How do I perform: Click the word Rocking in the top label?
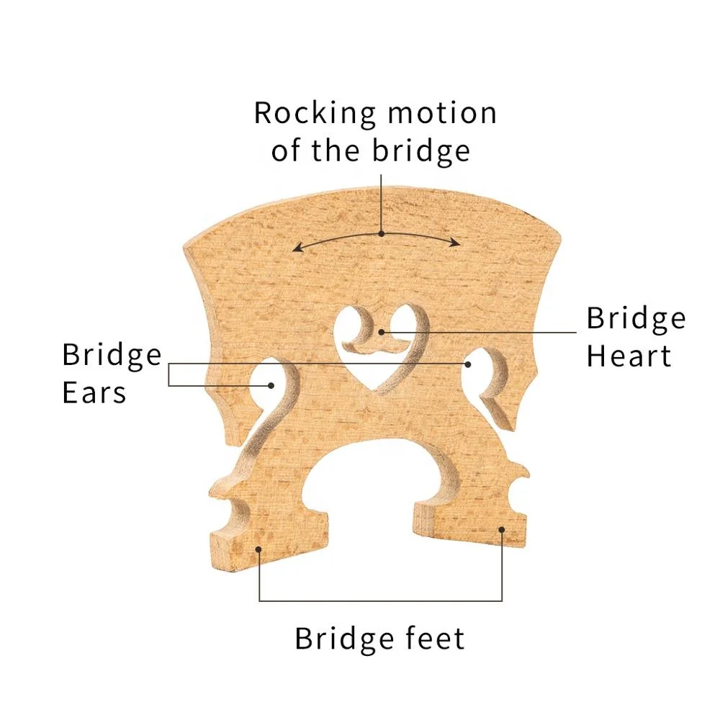point(315,114)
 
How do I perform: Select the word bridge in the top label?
point(421,151)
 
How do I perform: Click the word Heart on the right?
point(629,356)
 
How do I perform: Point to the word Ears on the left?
point(94,392)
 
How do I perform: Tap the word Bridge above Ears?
point(112,355)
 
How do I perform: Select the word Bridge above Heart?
point(636,318)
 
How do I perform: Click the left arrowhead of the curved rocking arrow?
point(296,249)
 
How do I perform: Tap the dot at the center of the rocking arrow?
point(381,233)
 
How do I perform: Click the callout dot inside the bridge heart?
point(382,332)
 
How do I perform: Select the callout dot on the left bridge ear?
point(271,385)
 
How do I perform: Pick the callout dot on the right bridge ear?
point(467,364)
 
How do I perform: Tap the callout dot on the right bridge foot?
point(502,530)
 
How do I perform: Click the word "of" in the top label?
point(286,151)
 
